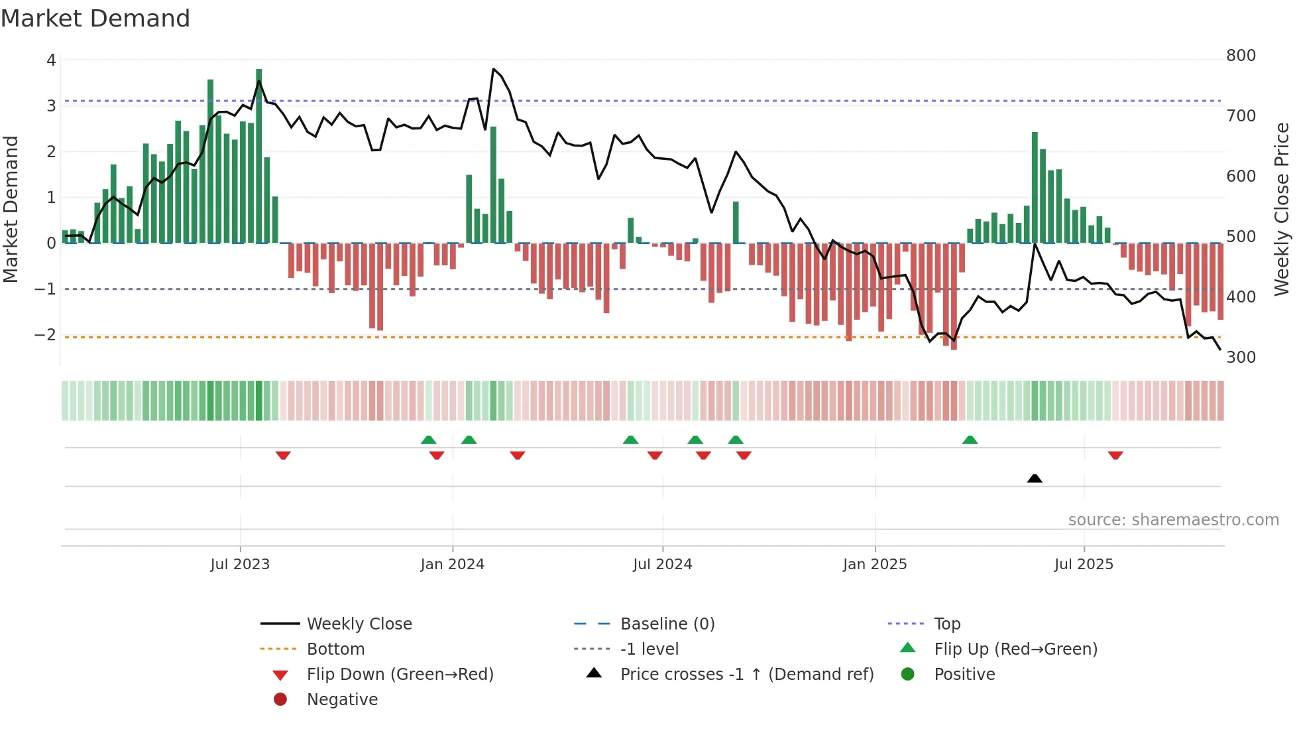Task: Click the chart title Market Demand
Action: point(95,19)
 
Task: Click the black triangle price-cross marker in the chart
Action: point(1035,478)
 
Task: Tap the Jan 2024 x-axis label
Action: point(452,565)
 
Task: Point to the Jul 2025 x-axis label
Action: point(1084,565)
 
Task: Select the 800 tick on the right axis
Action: point(1241,56)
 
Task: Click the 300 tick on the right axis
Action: point(1241,358)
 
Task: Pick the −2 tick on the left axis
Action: point(45,334)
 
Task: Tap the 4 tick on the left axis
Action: point(51,60)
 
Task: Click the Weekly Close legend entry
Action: point(359,624)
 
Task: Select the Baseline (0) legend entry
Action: point(667,624)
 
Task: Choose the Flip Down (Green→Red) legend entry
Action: point(400,675)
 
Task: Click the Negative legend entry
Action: point(342,700)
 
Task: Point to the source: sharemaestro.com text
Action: point(1173,520)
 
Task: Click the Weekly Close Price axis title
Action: point(1282,209)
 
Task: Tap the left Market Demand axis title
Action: point(11,209)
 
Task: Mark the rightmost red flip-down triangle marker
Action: point(1115,455)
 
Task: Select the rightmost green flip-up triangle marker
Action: point(970,440)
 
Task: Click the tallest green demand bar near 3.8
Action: point(258,156)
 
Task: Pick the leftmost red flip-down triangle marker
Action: point(283,455)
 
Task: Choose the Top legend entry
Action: point(946,624)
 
